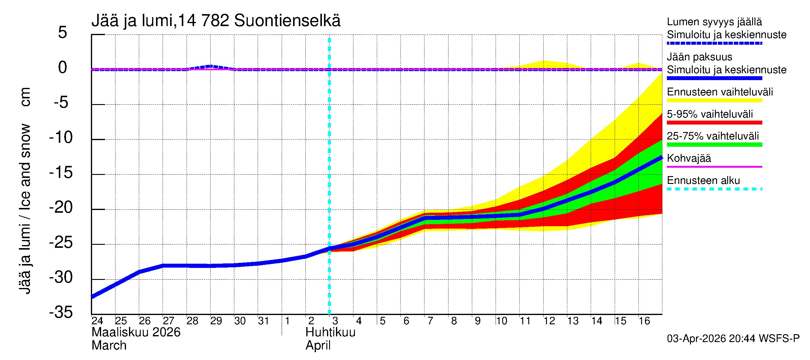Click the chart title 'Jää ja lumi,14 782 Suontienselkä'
click(216, 21)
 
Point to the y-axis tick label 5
click(63, 32)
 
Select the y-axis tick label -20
click(61, 208)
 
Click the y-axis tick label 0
click(63, 67)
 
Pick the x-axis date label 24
click(97, 321)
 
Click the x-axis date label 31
click(263, 321)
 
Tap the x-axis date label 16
click(644, 321)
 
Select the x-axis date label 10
click(502, 321)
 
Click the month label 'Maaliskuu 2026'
click(136, 332)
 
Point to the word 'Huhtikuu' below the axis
click(330, 332)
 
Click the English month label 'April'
click(318, 346)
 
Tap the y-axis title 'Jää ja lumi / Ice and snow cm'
click(25, 190)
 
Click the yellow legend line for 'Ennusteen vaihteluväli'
click(714, 100)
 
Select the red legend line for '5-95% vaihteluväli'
click(714, 123)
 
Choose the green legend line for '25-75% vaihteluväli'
click(714, 145)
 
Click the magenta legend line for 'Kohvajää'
click(714, 166)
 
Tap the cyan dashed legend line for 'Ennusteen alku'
click(714, 189)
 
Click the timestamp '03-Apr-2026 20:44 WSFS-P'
click(733, 339)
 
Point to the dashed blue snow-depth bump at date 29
click(211, 66)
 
